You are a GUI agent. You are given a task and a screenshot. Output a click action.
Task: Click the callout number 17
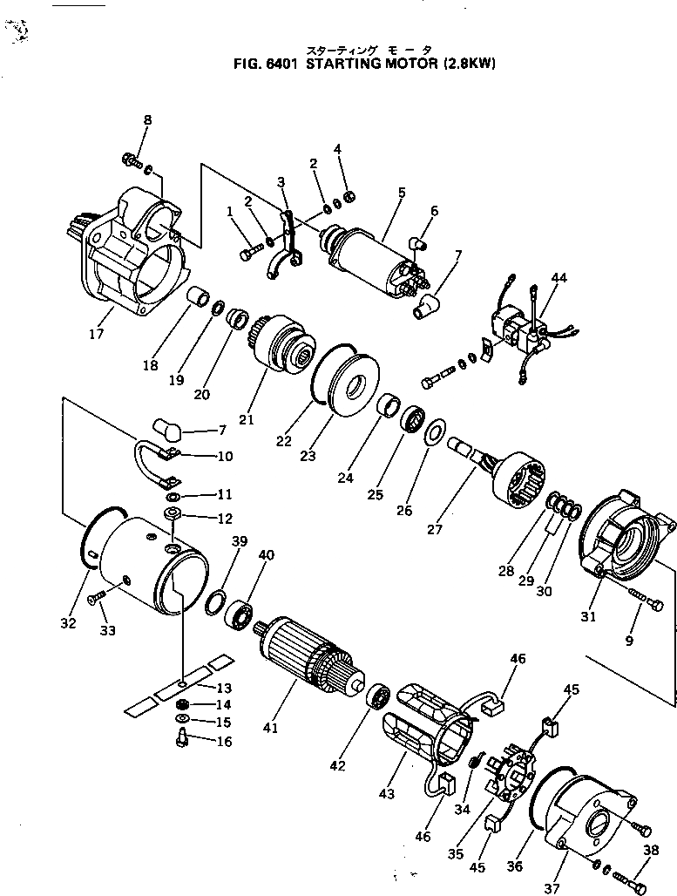click(x=96, y=334)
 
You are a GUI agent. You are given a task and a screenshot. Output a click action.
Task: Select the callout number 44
click(x=559, y=278)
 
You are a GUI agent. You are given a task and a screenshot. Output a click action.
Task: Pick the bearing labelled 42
click(x=377, y=696)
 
